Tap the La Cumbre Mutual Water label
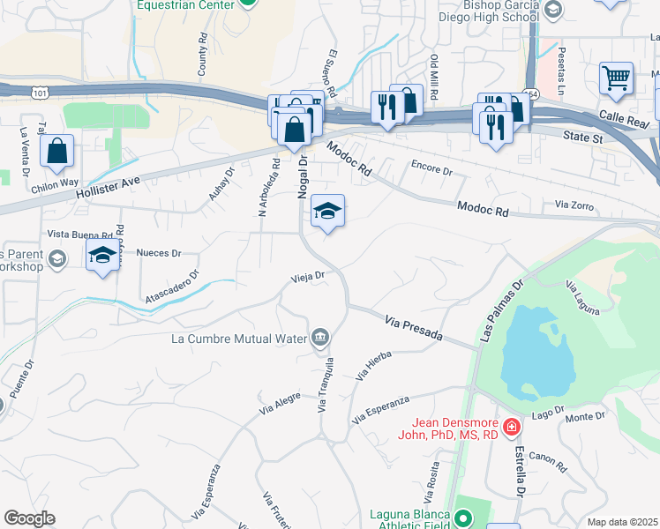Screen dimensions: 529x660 (240, 338)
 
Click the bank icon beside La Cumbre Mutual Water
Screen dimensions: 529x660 (319, 337)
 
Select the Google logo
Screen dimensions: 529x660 (28, 518)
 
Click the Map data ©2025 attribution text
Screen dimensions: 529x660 (622, 522)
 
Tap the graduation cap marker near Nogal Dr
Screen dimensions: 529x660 (327, 212)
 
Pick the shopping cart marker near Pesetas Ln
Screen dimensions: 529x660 (616, 78)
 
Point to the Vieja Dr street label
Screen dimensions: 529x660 (309, 276)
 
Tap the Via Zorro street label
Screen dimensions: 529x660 (574, 206)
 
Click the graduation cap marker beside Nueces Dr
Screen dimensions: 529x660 (103, 257)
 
